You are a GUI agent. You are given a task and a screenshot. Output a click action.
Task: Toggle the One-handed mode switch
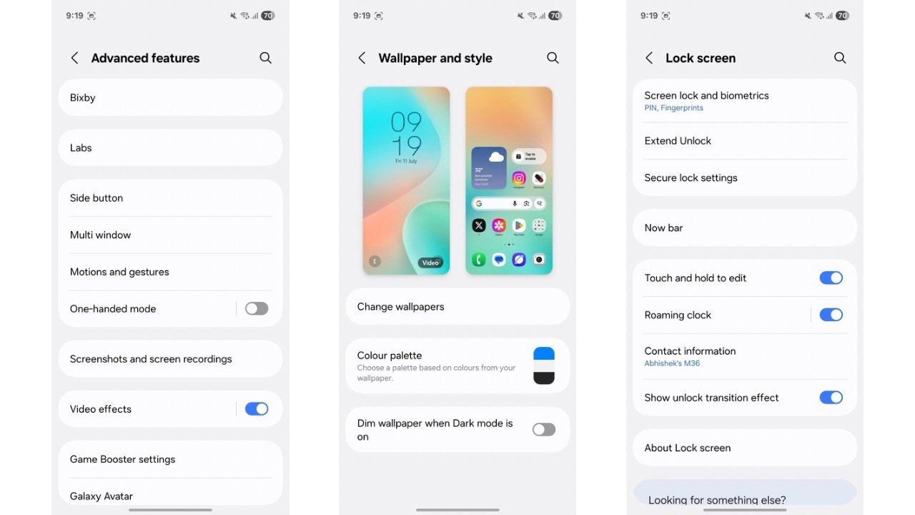257,309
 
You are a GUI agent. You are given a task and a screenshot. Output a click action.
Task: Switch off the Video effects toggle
257,409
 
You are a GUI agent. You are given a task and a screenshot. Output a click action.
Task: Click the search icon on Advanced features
265,58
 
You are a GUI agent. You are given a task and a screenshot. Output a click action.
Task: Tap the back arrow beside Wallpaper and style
362,58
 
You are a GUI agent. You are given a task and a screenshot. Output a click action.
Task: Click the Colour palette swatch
544,366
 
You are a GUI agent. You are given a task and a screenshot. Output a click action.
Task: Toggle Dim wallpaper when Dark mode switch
544,429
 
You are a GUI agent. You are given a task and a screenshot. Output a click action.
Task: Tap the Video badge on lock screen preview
430,263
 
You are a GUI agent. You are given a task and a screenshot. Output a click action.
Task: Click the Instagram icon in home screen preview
519,178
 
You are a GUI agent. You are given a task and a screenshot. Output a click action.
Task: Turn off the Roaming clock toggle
831,315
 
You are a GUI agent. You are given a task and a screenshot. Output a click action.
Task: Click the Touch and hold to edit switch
831,278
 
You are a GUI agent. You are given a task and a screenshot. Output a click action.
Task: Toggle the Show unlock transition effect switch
831,398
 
